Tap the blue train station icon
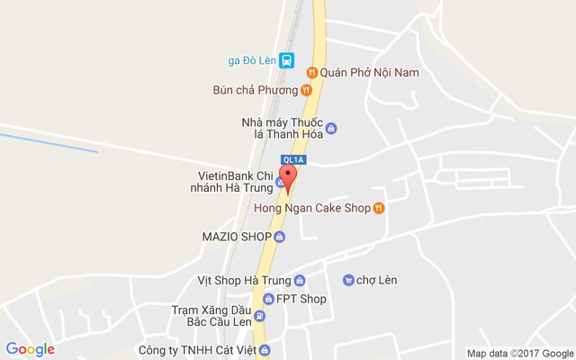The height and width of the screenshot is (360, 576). coord(286,60)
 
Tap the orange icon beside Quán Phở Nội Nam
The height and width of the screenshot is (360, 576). coord(310,72)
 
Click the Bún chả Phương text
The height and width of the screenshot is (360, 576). coord(255,90)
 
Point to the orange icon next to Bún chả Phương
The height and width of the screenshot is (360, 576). coord(306,90)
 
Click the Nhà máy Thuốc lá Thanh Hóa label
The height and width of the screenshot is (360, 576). coord(280,128)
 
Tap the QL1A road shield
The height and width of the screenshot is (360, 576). coord(294,160)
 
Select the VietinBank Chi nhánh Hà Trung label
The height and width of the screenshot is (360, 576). coord(233,181)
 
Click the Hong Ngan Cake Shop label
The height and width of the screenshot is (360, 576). coord(311,209)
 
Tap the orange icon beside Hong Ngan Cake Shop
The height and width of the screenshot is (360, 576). coord(379,209)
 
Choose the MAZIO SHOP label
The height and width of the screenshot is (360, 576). coord(237,237)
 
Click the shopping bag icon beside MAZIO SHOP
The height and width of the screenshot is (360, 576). coord(279,237)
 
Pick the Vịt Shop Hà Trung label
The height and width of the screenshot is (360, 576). coord(244,281)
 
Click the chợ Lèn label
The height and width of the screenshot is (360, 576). coord(376,280)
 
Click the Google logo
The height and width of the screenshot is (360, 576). coord(30,349)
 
